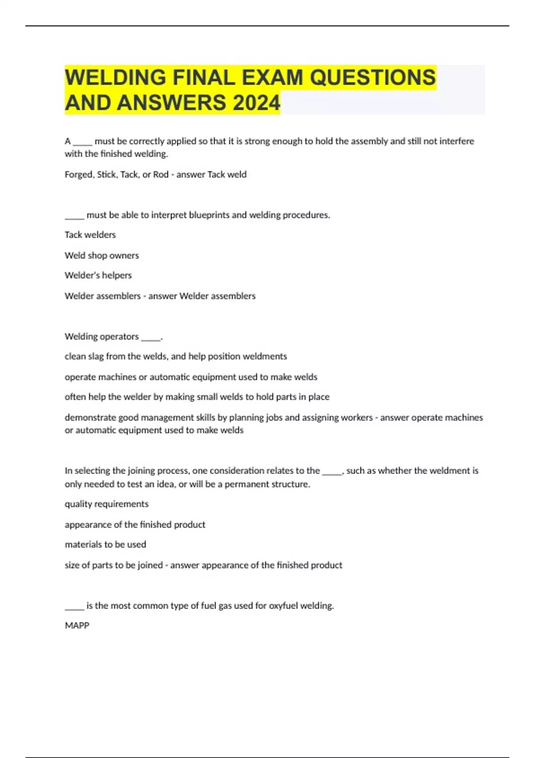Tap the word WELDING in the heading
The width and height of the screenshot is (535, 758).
click(115, 77)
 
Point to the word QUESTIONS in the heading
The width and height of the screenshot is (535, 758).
click(372, 77)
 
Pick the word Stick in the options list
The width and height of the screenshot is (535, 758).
click(106, 174)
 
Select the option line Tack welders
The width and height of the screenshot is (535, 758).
click(90, 235)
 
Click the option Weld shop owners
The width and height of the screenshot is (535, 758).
click(102, 255)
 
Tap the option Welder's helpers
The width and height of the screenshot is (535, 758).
click(98, 275)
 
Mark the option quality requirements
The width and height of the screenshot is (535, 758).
click(107, 504)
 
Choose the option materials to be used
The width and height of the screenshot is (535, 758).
click(105, 544)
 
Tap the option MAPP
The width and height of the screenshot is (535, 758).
click(77, 626)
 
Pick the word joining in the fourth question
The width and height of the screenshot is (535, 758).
click(140, 471)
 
